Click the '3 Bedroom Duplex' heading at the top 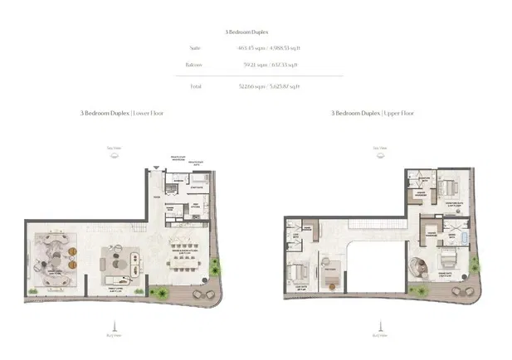256,31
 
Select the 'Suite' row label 195,48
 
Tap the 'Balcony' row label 195,65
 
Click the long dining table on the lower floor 183,255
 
